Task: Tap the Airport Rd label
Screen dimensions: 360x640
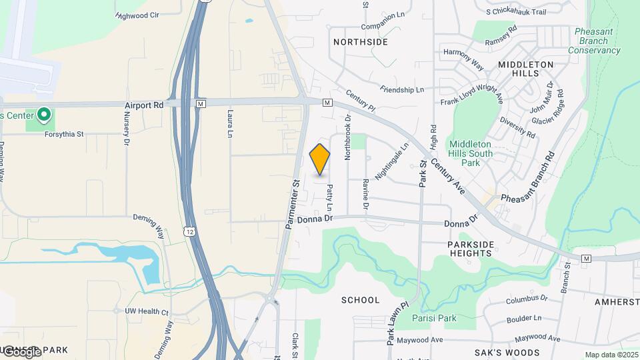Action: [144, 105]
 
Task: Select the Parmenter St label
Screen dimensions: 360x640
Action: [292, 203]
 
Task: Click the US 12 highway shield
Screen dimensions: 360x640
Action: [190, 231]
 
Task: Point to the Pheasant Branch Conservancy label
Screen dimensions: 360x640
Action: [593, 41]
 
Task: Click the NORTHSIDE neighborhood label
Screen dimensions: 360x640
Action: [361, 42]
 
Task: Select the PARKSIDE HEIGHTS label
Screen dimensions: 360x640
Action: [471, 249]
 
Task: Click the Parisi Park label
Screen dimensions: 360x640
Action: [433, 318]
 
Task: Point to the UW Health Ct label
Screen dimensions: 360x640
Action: [147, 311]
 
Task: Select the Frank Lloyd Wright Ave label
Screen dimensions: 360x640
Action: [472, 97]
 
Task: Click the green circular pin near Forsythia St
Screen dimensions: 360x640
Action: [44, 115]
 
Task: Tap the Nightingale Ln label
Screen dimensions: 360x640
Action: [391, 162]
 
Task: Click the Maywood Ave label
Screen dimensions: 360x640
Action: [420, 340]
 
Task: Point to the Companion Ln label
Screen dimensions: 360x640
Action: [383, 27]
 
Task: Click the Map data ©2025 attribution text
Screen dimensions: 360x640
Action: [611, 355]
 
